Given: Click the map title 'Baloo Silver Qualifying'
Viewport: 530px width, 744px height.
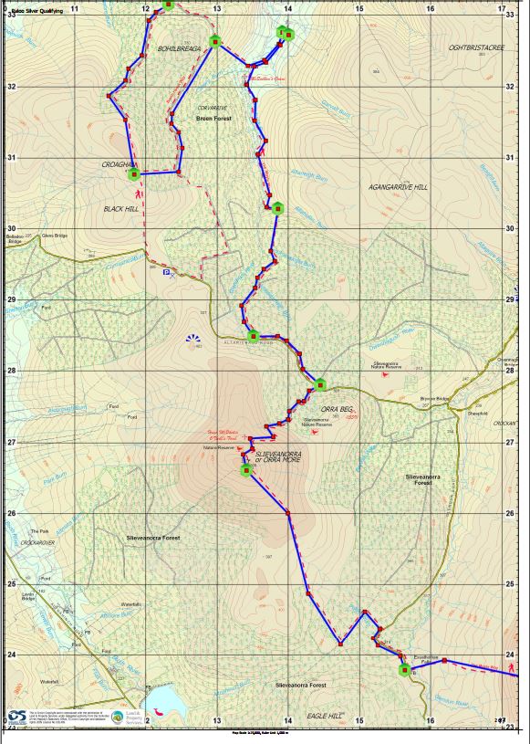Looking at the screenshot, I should pyautogui.click(x=37, y=11).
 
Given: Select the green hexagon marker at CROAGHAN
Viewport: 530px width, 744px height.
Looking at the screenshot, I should pyautogui.click(x=134, y=173).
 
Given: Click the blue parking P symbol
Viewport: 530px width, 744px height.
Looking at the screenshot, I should pyautogui.click(x=166, y=272).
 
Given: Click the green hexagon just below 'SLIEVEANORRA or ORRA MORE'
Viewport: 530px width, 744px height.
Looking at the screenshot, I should pyautogui.click(x=246, y=471).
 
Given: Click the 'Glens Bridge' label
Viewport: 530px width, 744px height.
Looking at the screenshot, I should pyautogui.click(x=54, y=235).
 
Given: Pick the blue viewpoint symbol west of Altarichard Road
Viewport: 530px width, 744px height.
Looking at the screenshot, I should pyautogui.click(x=192, y=340).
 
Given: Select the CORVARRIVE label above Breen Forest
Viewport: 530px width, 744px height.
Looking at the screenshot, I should pyautogui.click(x=213, y=108).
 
